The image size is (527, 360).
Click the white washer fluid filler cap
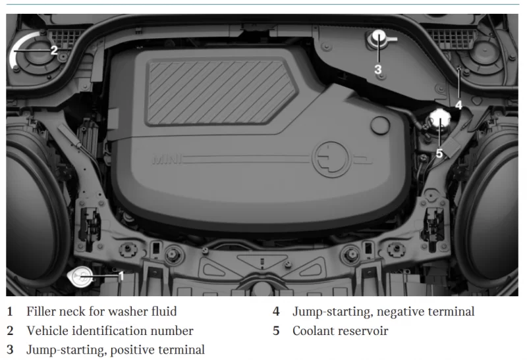[x=80, y=276]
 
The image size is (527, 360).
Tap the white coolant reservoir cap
[x=440, y=120]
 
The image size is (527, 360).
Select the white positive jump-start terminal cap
[x=379, y=37]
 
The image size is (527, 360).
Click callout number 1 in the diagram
[x=121, y=276]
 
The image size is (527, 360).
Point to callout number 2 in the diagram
[x=54, y=51]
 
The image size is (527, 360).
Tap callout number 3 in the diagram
[x=378, y=70]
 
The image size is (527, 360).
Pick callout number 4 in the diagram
[x=458, y=105]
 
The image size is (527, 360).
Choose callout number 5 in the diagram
[x=439, y=153]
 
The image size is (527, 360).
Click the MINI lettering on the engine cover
[x=167, y=159]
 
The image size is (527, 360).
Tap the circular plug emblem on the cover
[x=331, y=159]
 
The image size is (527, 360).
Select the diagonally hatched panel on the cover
[x=222, y=91]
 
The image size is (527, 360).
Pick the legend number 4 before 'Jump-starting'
[x=276, y=312]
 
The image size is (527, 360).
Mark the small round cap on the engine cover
[x=380, y=125]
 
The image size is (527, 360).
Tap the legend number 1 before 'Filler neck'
[x=10, y=312]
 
